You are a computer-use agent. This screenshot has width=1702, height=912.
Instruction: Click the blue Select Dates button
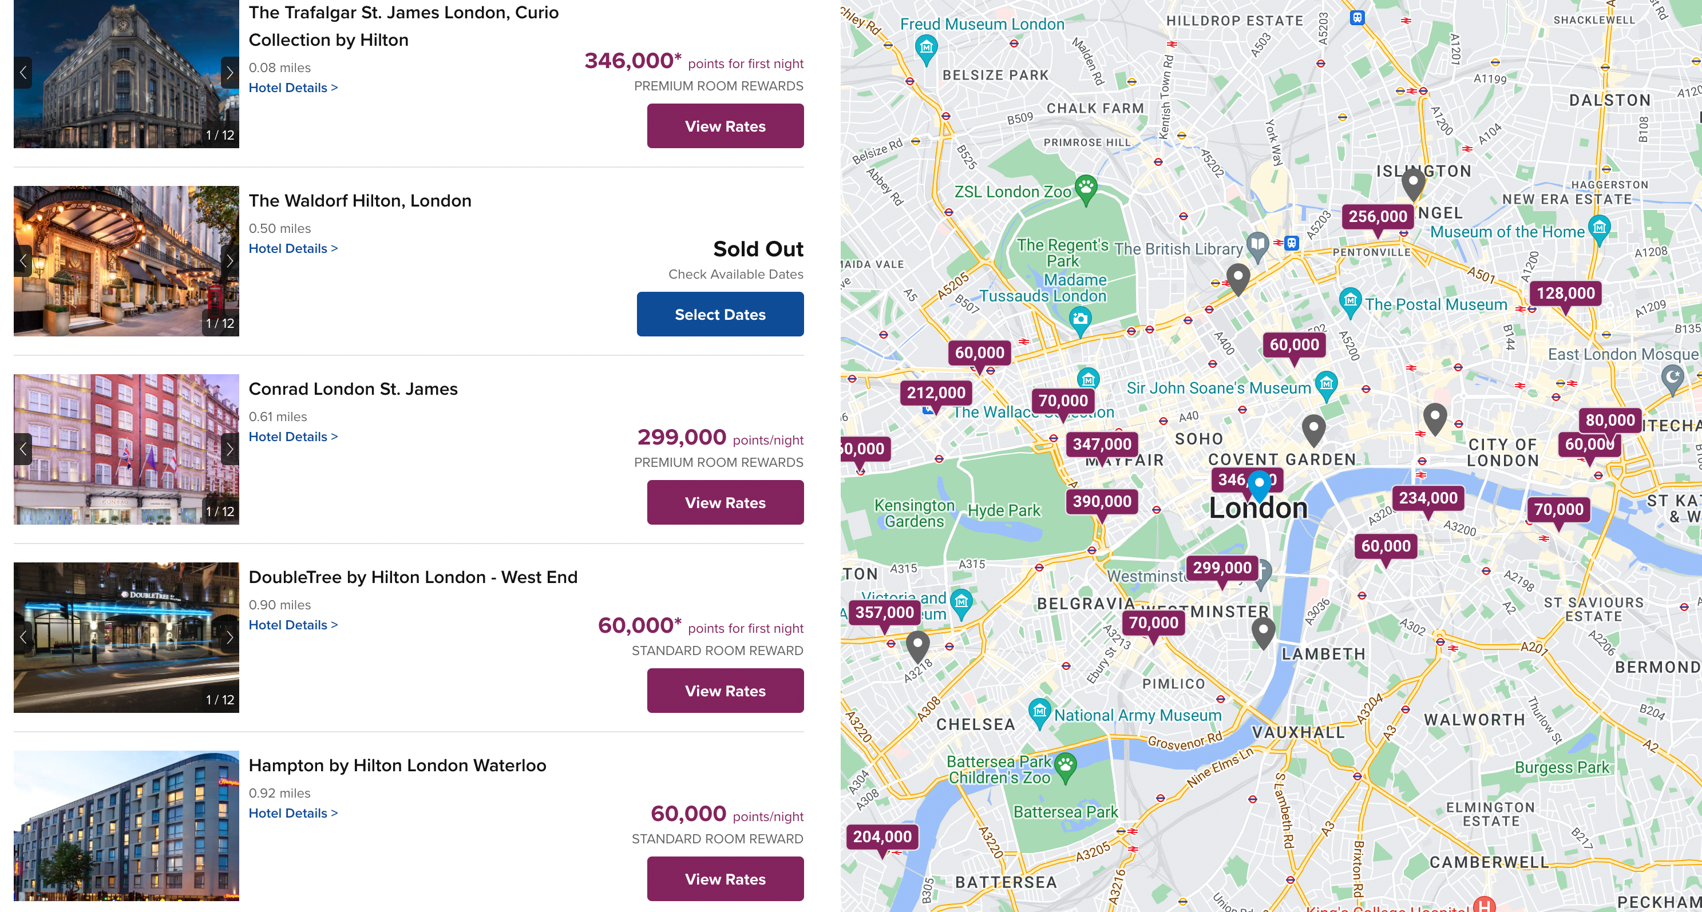coord(719,314)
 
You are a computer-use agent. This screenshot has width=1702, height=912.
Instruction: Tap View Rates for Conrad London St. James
coord(725,502)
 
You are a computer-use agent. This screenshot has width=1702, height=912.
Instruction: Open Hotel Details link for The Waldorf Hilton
coord(292,248)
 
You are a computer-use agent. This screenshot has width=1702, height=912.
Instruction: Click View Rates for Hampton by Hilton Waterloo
coord(725,879)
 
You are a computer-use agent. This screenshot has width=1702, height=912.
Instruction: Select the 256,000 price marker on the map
coord(1378,217)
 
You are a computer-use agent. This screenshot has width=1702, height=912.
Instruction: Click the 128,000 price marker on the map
coord(1565,293)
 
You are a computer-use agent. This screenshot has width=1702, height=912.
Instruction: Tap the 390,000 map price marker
coord(1102,502)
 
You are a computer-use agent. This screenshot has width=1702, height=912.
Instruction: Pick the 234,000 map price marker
coord(1428,498)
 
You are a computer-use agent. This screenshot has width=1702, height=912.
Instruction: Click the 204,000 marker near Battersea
coord(881,836)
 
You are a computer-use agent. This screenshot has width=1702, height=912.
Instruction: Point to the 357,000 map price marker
coord(884,612)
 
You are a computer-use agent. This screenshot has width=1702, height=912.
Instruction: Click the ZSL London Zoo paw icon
coord(1086,188)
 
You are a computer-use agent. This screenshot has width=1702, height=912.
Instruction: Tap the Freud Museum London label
coord(982,25)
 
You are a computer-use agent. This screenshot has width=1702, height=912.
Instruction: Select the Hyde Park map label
coord(1004,510)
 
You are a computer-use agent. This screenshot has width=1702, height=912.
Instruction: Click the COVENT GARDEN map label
coord(1281,459)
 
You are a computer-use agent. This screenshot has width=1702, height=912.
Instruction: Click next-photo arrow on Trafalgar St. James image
coord(229,73)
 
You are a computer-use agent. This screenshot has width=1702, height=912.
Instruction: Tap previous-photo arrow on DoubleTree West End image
coord(23,637)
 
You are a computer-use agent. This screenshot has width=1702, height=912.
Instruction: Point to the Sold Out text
coord(758,249)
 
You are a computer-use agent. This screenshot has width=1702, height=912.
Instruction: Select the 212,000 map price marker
coord(936,393)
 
